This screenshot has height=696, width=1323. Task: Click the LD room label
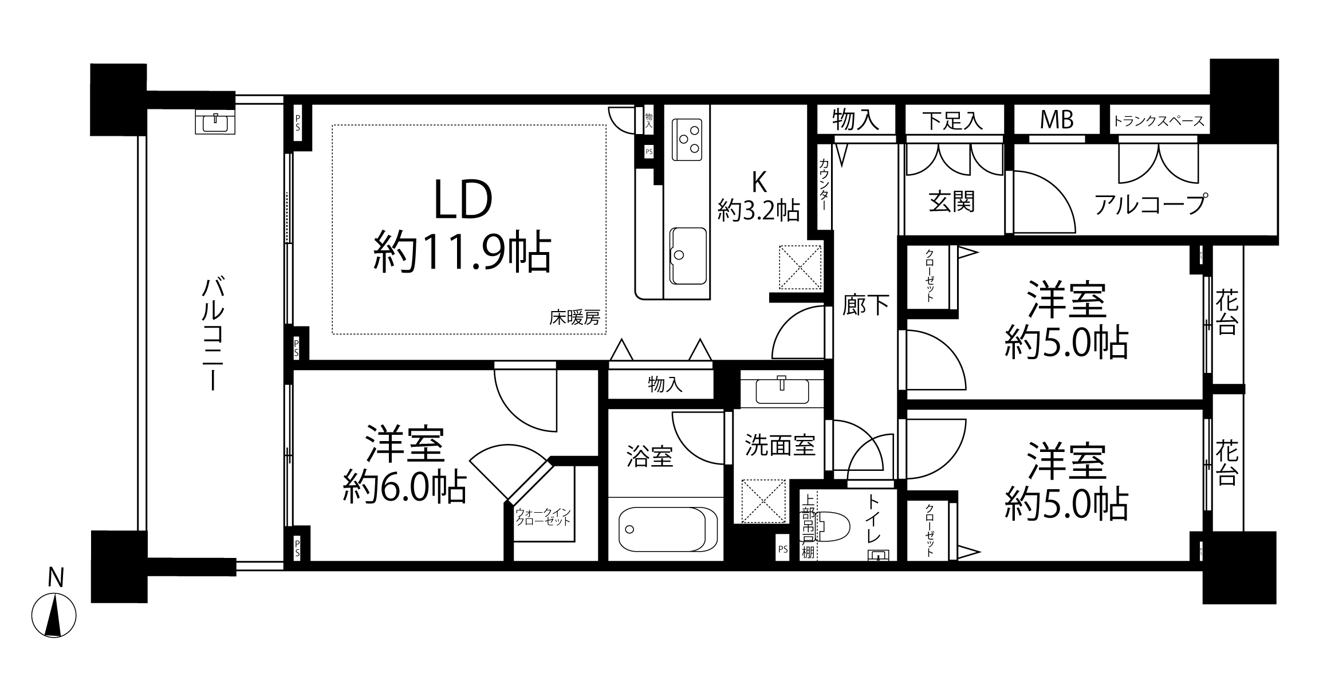[463, 200]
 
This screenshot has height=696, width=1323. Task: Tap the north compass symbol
[54, 615]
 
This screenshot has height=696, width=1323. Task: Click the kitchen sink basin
[688, 255]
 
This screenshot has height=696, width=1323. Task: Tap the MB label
[1057, 120]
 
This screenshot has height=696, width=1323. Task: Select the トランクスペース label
[1159, 121]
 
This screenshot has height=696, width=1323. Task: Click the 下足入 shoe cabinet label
[953, 121]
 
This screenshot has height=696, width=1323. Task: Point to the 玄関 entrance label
[951, 202]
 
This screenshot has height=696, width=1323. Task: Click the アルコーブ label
[1151, 203]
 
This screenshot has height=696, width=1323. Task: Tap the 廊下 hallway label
[865, 305]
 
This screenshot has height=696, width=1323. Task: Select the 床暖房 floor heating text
[574, 317]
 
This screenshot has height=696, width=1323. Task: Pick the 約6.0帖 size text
[404, 487]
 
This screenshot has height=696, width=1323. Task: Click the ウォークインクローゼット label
[543, 517]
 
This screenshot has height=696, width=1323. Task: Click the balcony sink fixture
[215, 121]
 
